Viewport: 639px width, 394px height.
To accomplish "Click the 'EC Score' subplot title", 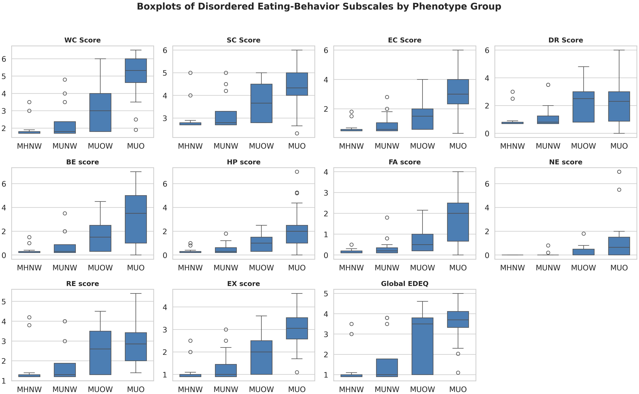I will (x=404, y=40).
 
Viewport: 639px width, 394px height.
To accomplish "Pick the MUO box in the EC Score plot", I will (x=458, y=92).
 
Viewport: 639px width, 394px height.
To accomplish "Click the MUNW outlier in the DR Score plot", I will (x=548, y=85).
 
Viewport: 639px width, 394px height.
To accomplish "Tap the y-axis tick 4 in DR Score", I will (x=487, y=78).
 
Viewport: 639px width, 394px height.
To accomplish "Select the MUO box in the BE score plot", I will (x=136, y=219).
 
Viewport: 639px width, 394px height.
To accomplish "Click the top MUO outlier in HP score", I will (x=297, y=172).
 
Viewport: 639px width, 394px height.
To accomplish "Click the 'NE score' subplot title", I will (x=566, y=162).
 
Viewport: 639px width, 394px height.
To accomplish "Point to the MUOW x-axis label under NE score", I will (x=583, y=268).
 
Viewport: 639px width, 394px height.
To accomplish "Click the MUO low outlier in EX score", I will (x=297, y=372).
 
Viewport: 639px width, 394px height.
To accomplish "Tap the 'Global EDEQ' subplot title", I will (x=404, y=284).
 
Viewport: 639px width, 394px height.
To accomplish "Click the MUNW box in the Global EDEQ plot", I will (x=387, y=368).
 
